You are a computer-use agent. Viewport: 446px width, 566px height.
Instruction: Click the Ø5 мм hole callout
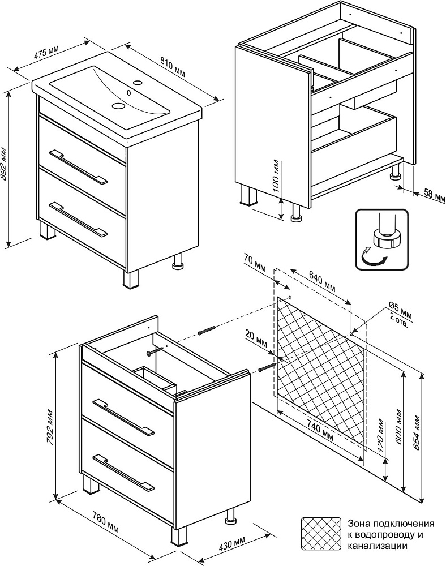click(400, 310)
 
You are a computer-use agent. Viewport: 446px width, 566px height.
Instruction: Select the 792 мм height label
click(50, 432)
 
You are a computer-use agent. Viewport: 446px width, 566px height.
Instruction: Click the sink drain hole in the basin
click(119, 105)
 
